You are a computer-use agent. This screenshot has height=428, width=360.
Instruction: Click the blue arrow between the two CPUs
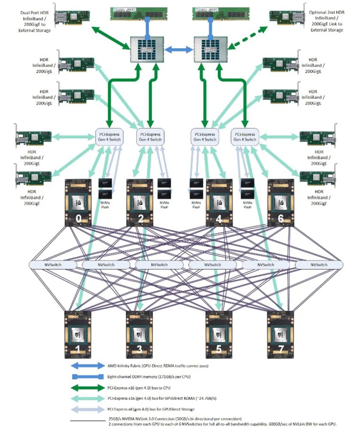pos(179,50)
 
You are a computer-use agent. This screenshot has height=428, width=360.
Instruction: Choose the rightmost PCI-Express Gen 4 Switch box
pos(245,137)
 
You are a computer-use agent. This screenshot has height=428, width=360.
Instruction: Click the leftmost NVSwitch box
pos(53,265)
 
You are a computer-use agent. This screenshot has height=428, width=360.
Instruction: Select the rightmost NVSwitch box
pos(319,265)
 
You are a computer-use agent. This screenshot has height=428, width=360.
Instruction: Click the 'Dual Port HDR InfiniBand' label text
pos(34,21)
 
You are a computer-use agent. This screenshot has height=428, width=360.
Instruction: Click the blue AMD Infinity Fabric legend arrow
pos(88,366)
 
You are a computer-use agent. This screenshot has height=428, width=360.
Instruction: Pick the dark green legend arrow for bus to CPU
pos(88,388)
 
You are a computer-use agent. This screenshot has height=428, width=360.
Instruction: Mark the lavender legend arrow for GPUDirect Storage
pos(88,409)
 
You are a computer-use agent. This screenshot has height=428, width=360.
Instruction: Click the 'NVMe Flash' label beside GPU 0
pos(105,205)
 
